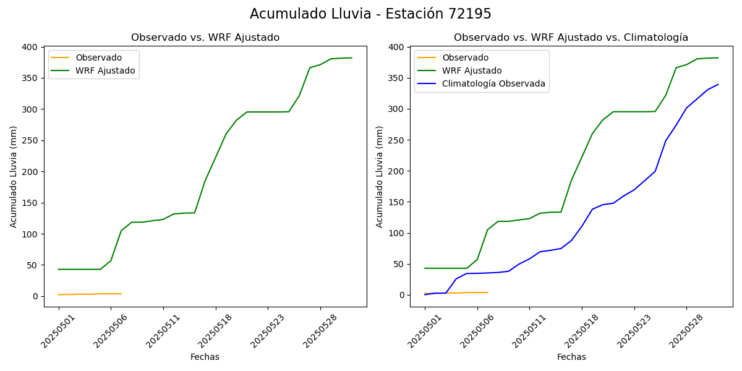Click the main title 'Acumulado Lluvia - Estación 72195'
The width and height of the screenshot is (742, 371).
coord(370,14)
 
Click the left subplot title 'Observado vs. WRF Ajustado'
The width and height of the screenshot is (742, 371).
coord(205,38)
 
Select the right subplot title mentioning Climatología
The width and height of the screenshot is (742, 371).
coord(571,38)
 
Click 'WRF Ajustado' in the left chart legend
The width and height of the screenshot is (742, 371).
coord(105,70)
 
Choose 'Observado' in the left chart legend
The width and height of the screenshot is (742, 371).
coord(99,58)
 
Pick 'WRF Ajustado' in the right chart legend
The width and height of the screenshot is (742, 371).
coord(472,70)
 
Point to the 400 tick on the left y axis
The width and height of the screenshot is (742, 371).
coord(31,47)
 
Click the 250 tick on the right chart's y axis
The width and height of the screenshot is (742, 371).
coord(397,140)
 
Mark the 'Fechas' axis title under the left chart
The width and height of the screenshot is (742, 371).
coord(205,357)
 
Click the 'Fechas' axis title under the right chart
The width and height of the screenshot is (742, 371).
coord(571,357)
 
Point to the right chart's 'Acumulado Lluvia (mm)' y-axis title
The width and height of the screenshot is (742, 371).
coord(380,176)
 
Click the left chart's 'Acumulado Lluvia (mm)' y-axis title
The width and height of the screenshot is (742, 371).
coord(14,176)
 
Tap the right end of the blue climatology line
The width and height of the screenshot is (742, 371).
coord(719,84)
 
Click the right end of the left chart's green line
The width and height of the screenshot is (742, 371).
coord(352,58)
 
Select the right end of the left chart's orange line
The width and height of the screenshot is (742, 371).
coord(122,294)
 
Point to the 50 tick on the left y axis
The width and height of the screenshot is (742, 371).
coord(33,265)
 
